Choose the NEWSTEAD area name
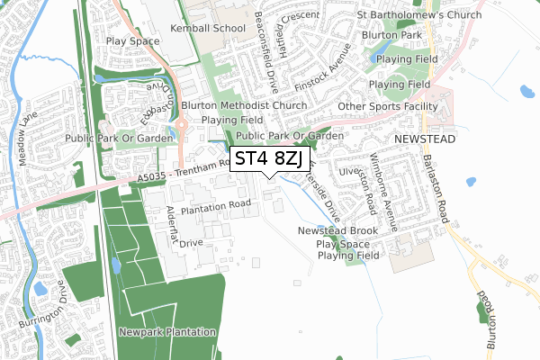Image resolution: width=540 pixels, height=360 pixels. [425, 140]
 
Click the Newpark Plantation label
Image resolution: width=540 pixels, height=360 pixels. [168, 332]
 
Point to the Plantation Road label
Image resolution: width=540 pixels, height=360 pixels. [216, 207]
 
